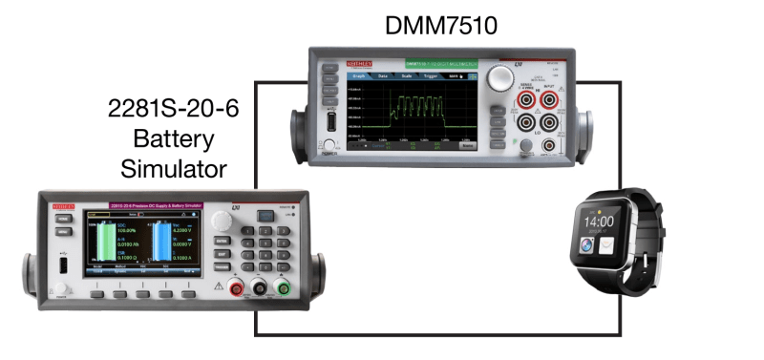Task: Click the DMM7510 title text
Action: click(x=440, y=25)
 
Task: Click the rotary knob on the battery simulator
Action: click(x=223, y=222)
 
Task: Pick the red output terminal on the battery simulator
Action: click(x=236, y=287)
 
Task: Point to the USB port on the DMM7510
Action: click(x=329, y=122)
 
